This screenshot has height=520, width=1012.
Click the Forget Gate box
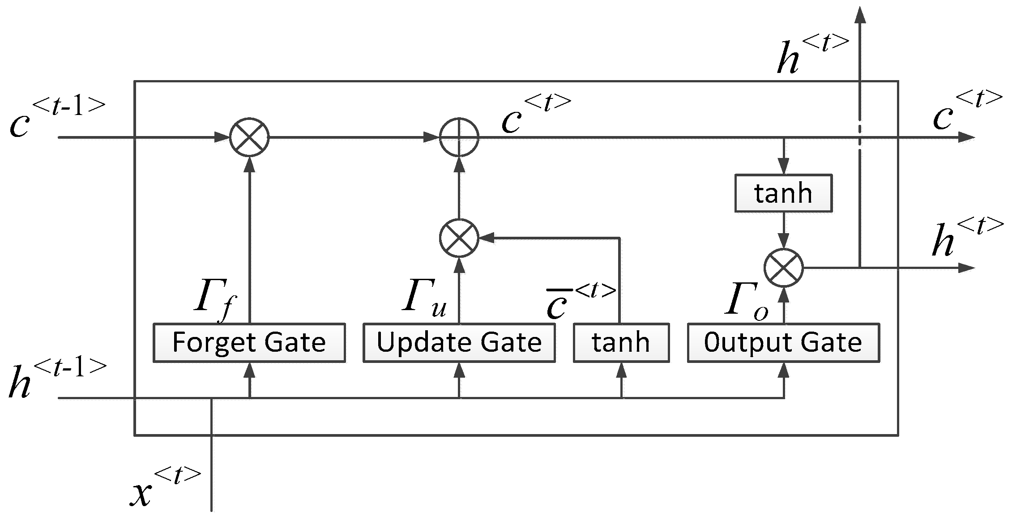click(x=249, y=342)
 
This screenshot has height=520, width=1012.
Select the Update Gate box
click(x=459, y=342)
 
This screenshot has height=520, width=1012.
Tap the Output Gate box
click(x=783, y=342)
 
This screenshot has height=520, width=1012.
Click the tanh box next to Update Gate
click(x=621, y=342)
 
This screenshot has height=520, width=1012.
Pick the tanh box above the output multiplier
click(x=783, y=193)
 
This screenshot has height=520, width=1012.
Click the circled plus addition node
click(x=459, y=137)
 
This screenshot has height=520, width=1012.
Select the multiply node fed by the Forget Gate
click(x=249, y=137)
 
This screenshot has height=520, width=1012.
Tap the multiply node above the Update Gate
click(x=459, y=238)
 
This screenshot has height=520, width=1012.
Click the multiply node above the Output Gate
click(x=783, y=268)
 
